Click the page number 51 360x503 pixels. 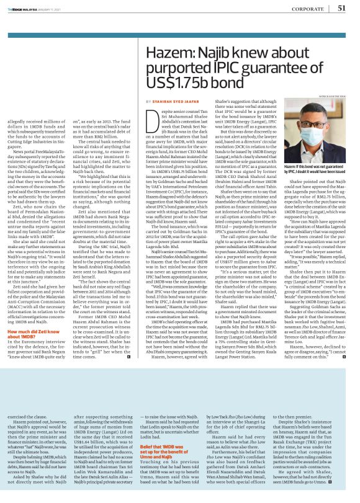(x=341, y=7)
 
